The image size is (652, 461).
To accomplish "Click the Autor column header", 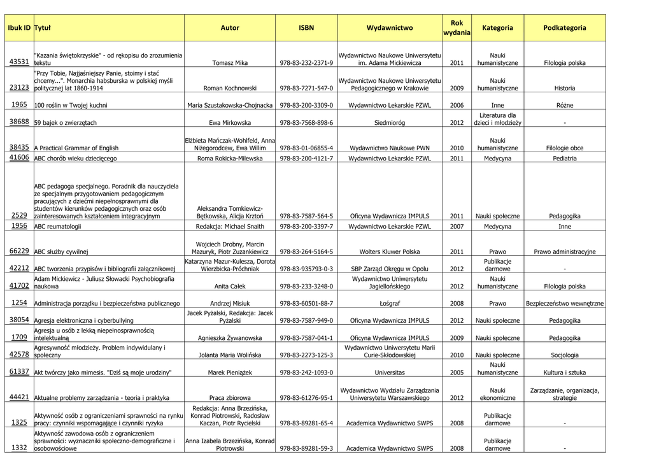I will pyautogui.click(x=230, y=27).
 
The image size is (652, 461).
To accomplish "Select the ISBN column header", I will pyautogui.click(x=306, y=27).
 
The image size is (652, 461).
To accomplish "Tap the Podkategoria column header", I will pyautogui.click(x=565, y=27).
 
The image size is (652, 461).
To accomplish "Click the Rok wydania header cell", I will pyautogui.click(x=457, y=27).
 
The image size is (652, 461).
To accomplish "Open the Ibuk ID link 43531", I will pyautogui.click(x=19, y=62).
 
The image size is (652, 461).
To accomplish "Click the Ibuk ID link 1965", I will pyautogui.click(x=19, y=104).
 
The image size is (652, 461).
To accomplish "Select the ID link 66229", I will pyautogui.click(x=19, y=251).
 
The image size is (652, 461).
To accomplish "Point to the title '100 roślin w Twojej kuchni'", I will pyautogui.click(x=71, y=105).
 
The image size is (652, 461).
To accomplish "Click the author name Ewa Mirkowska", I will pyautogui.click(x=230, y=122).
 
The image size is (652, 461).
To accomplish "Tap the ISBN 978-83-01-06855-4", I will pyautogui.click(x=306, y=148).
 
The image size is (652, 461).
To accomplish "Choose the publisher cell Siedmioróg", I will pyautogui.click(x=390, y=122).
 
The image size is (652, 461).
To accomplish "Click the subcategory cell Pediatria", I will pyautogui.click(x=565, y=158).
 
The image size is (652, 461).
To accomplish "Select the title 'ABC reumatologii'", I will pyautogui.click(x=57, y=226).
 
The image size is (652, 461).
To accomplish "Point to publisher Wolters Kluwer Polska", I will pyautogui.click(x=390, y=252).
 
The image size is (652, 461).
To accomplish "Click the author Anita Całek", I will pyautogui.click(x=230, y=287).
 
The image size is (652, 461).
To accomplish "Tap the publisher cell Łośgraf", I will pyautogui.click(x=390, y=304).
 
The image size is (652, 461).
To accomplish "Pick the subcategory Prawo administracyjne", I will pyautogui.click(x=565, y=252).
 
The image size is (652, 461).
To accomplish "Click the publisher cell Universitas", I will pyautogui.click(x=390, y=372).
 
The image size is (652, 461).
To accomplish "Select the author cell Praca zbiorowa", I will pyautogui.click(x=230, y=398).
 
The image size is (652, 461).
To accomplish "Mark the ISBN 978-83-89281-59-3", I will pyautogui.click(x=306, y=448).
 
